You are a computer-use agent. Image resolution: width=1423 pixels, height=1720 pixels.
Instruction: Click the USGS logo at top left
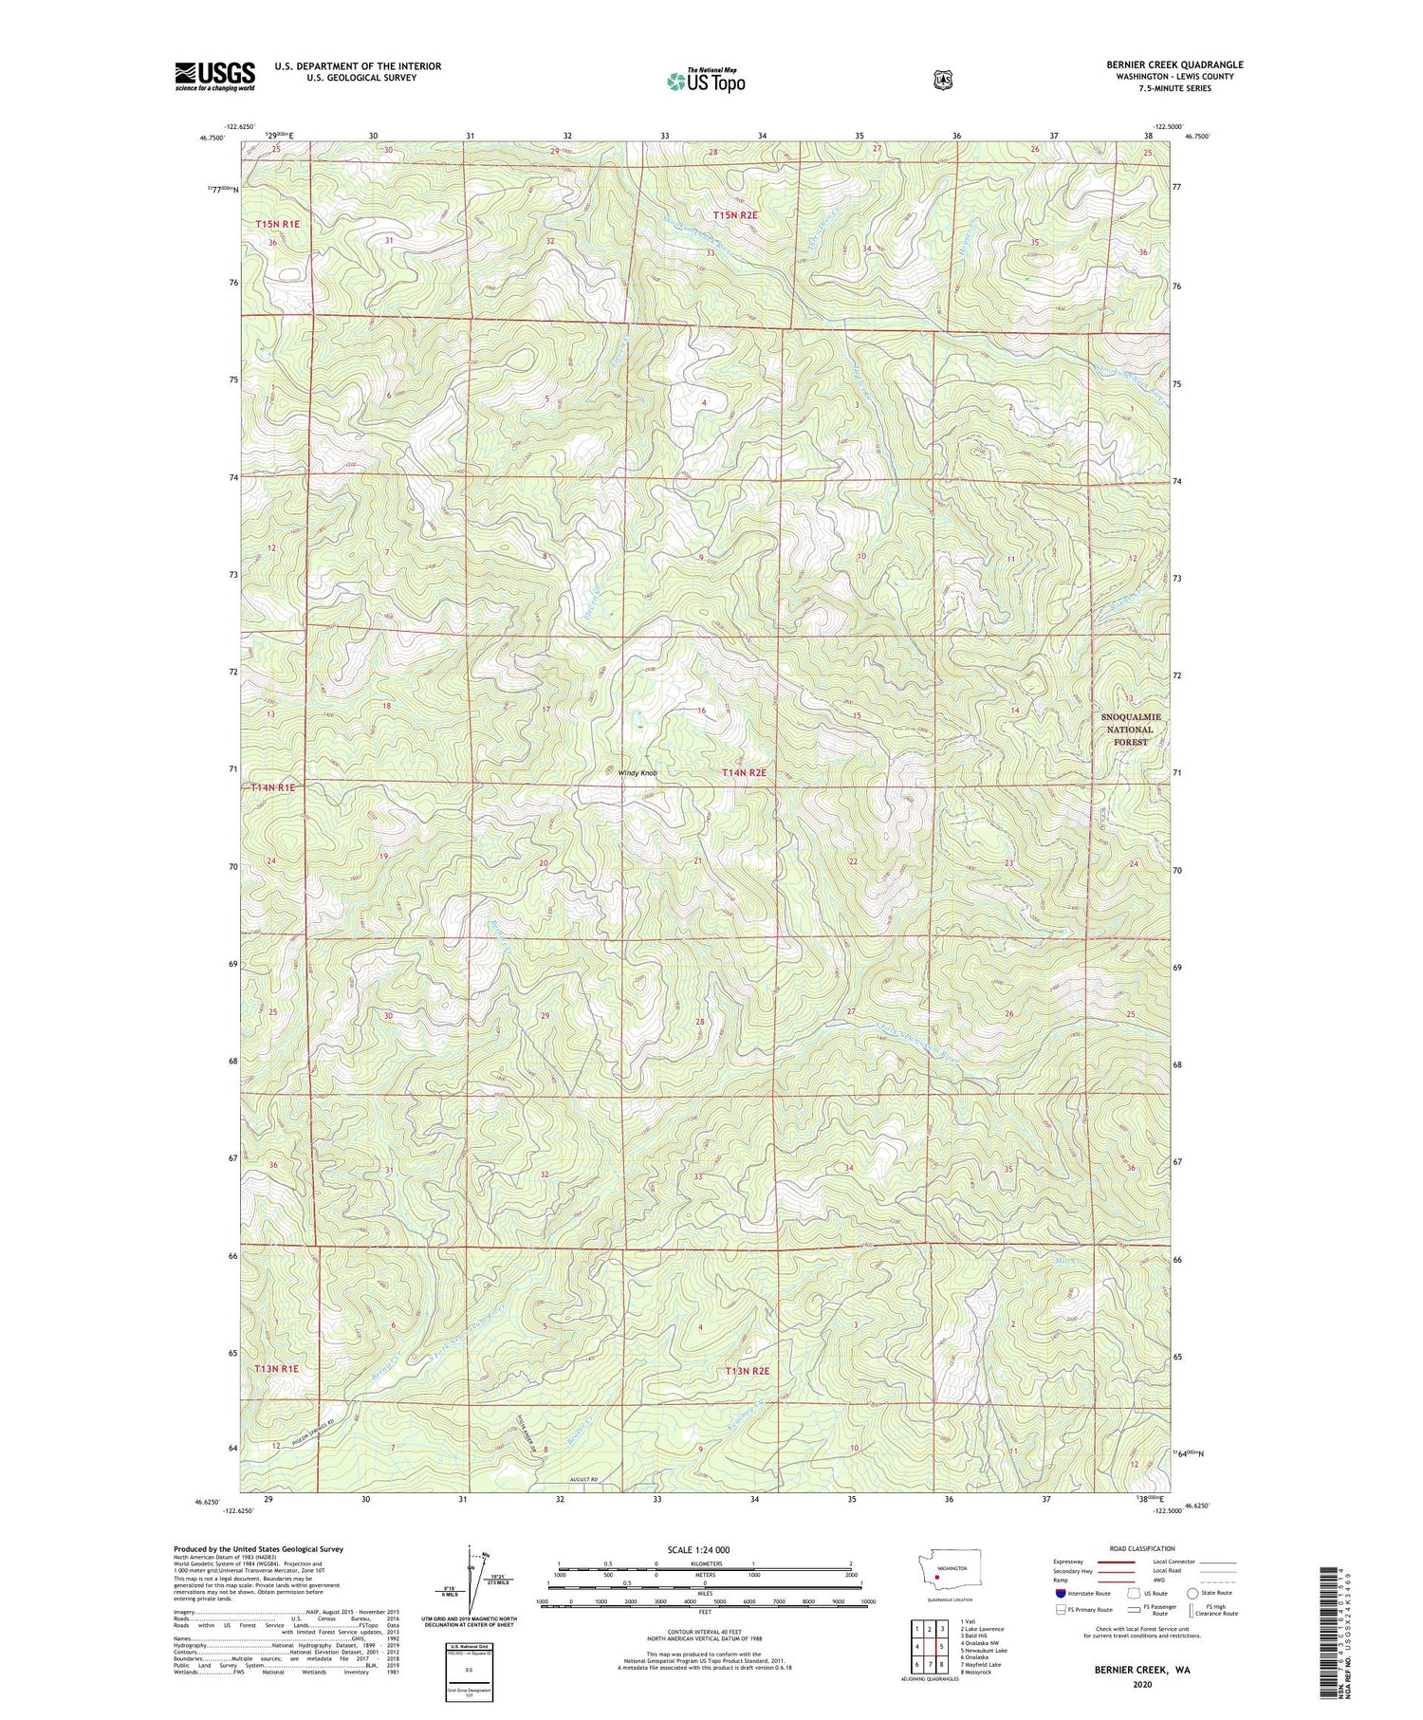214,76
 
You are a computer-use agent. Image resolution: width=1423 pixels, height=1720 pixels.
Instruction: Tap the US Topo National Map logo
706,80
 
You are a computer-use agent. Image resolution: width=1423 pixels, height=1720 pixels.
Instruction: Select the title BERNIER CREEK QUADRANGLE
1174,65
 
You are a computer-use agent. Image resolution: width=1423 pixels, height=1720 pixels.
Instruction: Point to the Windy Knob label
638,773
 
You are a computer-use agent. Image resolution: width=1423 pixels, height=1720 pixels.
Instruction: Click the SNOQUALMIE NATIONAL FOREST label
1131,730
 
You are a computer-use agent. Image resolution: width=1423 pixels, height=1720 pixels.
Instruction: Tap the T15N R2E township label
736,215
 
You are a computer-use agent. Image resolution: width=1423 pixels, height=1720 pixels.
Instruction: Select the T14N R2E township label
744,773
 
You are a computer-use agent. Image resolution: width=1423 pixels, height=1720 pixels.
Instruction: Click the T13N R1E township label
276,1369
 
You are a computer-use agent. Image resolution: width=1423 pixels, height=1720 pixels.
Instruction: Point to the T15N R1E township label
277,224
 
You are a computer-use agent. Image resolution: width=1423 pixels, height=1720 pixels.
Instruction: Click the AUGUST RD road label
585,1479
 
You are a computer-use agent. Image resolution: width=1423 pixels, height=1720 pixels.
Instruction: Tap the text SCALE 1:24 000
698,1549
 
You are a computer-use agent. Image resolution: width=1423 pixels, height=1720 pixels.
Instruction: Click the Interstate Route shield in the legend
1061,1593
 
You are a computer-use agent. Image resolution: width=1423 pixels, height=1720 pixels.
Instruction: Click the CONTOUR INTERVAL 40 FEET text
705,1632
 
